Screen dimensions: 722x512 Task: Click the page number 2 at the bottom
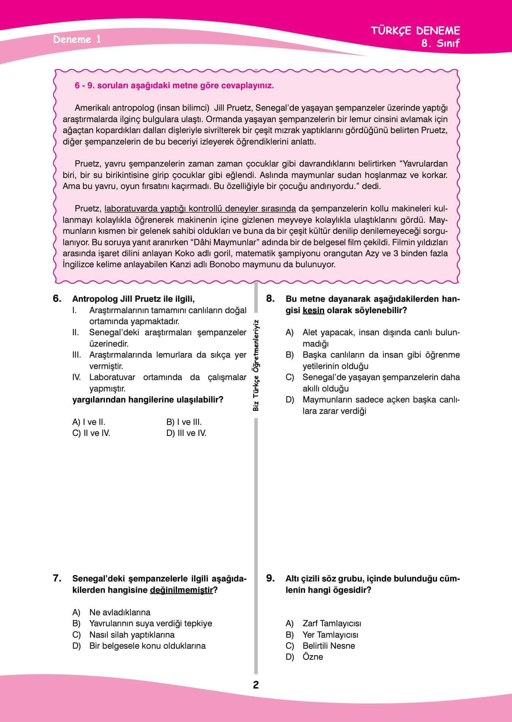click(256, 685)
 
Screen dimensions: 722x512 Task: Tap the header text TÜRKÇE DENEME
click(416, 31)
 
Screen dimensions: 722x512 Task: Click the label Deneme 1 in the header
click(77, 39)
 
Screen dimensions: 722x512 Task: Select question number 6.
click(57, 298)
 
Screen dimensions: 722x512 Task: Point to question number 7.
click(57, 578)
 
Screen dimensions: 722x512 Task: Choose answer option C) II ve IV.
click(91, 433)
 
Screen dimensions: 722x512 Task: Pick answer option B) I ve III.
click(184, 422)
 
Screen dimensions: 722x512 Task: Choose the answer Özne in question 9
click(313, 657)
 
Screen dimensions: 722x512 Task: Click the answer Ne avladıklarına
click(119, 612)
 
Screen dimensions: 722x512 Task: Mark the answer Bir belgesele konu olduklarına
click(147, 646)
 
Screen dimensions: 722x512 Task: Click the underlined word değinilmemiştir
click(181, 590)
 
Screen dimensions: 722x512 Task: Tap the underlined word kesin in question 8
click(313, 310)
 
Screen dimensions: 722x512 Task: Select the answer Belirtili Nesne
click(329, 646)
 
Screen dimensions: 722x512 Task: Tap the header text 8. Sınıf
click(440, 43)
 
